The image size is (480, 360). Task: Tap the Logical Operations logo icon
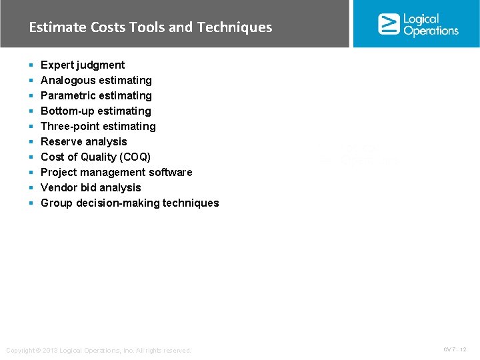pyautogui.click(x=388, y=23)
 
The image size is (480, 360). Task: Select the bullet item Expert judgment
pyautogui.click(x=83, y=65)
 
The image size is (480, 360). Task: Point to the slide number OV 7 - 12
pyautogui.click(x=455, y=349)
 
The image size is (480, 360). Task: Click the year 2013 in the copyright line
pyautogui.click(x=51, y=351)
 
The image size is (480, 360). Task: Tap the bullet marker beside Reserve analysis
pyautogui.click(x=31, y=141)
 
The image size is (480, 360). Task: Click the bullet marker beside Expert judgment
pyautogui.click(x=31, y=65)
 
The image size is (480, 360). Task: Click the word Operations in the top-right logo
pyautogui.click(x=431, y=31)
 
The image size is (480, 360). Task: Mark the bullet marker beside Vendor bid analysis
pyautogui.click(x=31, y=187)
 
